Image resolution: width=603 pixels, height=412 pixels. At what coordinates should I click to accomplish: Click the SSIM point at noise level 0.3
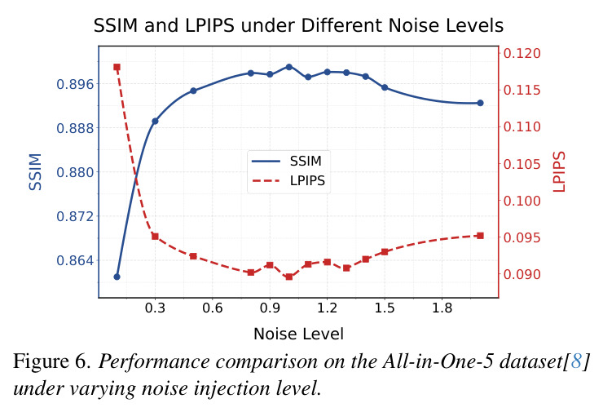click(155, 121)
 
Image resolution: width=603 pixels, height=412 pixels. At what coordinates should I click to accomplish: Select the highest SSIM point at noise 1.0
click(289, 67)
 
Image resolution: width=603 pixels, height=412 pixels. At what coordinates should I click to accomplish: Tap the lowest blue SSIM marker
click(117, 277)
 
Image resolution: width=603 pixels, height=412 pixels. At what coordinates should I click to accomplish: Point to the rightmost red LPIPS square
click(480, 236)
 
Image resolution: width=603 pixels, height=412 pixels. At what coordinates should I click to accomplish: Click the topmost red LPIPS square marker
click(117, 68)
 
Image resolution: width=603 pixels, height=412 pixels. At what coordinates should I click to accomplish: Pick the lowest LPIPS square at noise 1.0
click(289, 277)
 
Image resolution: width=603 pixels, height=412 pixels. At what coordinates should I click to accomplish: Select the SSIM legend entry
click(287, 161)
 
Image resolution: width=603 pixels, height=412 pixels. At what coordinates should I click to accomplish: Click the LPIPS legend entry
click(288, 180)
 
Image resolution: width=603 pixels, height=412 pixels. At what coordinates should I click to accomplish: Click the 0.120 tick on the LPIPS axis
click(522, 53)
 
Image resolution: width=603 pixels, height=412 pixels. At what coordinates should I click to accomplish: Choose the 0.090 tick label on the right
click(522, 274)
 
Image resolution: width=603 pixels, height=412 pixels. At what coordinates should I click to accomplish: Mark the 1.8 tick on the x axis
click(442, 308)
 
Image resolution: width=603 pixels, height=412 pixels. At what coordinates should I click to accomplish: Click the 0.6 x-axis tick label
click(213, 308)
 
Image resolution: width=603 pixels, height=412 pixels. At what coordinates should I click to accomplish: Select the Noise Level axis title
click(298, 334)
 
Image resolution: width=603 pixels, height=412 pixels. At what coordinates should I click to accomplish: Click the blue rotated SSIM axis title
click(35, 171)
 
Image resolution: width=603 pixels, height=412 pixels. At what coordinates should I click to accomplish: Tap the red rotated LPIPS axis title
click(559, 171)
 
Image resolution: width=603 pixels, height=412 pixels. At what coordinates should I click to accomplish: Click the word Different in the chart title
click(342, 26)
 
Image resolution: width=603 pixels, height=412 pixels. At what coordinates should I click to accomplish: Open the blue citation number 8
click(575, 361)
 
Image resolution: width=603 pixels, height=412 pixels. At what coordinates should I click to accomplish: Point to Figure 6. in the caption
click(52, 362)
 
